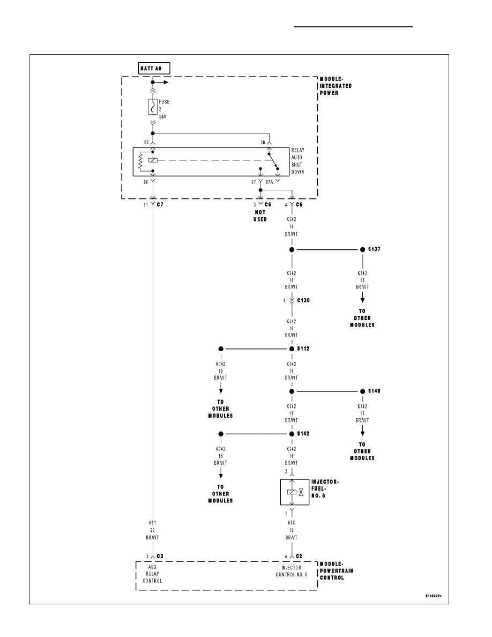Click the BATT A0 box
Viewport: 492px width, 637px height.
click(x=154, y=68)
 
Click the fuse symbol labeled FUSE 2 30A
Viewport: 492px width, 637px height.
click(x=153, y=107)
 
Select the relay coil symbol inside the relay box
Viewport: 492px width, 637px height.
click(x=153, y=160)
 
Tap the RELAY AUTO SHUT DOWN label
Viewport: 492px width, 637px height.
click(x=297, y=161)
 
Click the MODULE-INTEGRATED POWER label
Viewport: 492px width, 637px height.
click(x=336, y=86)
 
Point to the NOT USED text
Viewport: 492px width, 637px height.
click(x=260, y=216)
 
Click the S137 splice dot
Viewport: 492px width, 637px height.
click(x=362, y=249)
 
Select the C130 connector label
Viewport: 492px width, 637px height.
click(x=303, y=300)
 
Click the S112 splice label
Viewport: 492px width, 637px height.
click(x=303, y=349)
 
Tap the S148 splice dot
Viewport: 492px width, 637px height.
click(x=362, y=391)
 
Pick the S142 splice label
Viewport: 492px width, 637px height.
click(x=303, y=433)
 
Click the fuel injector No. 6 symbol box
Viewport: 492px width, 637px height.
click(x=295, y=492)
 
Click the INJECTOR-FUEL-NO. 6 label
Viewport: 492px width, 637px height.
click(x=325, y=488)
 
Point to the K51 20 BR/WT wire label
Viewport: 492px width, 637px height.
click(x=153, y=530)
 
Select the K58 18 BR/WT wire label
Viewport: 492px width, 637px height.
click(x=292, y=530)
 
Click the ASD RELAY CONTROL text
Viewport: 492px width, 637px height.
click(x=152, y=574)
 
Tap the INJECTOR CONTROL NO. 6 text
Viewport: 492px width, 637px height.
click(x=292, y=571)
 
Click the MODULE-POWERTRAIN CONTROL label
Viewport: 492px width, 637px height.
click(x=337, y=571)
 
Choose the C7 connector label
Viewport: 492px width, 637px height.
click(x=160, y=204)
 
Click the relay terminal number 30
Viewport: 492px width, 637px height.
click(x=263, y=143)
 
